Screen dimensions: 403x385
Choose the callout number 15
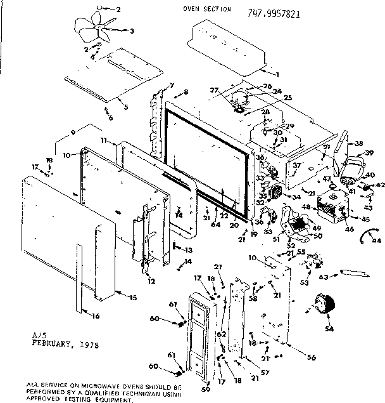pos(132,297)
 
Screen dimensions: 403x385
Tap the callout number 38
pos(358,143)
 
